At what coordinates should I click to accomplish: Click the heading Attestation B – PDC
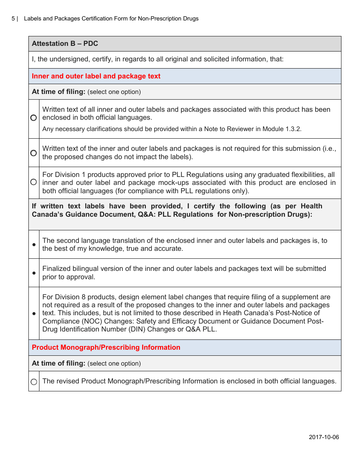pos(65,44)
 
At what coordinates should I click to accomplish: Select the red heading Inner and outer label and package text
pos(96,76)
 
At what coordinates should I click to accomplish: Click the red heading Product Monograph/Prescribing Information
pos(106,347)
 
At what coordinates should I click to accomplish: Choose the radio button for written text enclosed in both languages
pos(34,118)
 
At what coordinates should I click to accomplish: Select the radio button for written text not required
pos(34,153)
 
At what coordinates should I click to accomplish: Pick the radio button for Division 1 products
pos(34,182)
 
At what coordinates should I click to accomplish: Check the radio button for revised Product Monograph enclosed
pos(34,382)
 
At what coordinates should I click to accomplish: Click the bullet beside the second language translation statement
pos(34,245)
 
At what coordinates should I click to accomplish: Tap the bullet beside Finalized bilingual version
pos(34,273)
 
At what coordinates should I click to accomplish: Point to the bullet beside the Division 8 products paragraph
pos(34,314)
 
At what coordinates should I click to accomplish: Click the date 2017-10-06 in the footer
pos(324,437)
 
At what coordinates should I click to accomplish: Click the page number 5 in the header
pos(13,19)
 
